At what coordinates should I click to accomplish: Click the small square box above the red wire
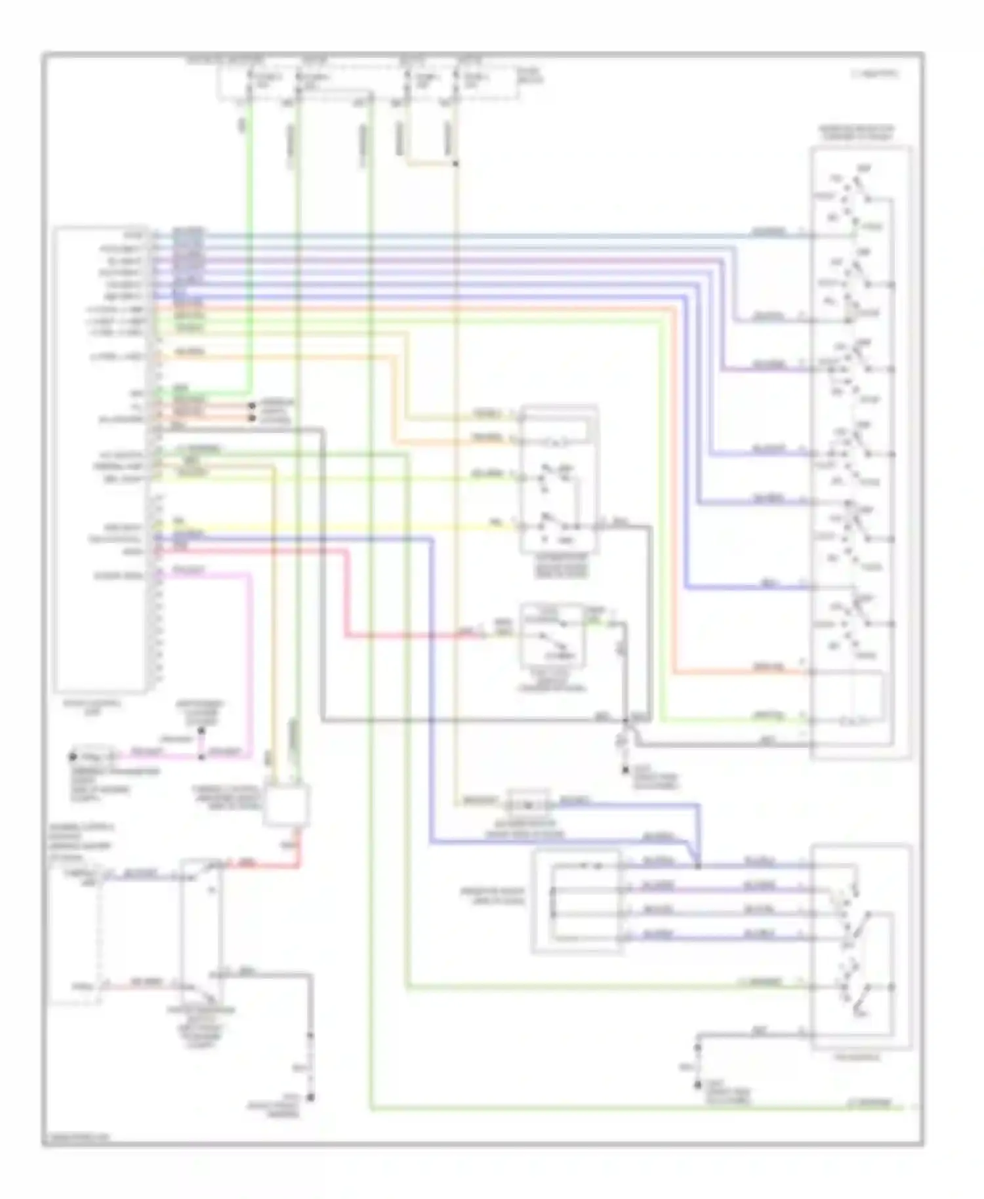(x=286, y=805)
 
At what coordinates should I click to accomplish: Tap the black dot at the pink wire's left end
(x=72, y=756)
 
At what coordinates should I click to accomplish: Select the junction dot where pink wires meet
(x=201, y=756)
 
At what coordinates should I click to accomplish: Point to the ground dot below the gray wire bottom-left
(x=311, y=1096)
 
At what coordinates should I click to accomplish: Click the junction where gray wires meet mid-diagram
(x=626, y=721)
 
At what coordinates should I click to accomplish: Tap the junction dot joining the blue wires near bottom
(x=698, y=866)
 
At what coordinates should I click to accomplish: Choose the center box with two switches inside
(x=559, y=479)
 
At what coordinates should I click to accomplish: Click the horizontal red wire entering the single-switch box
(x=420, y=635)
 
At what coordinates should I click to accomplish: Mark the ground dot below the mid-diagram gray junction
(x=626, y=767)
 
